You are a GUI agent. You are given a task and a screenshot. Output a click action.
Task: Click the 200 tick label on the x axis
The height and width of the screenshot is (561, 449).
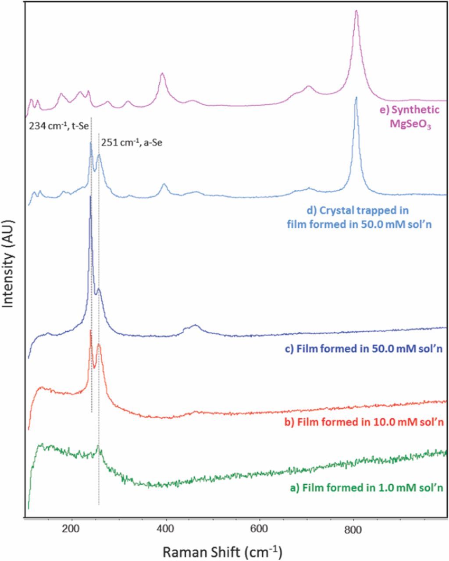pyautogui.click(x=71, y=529)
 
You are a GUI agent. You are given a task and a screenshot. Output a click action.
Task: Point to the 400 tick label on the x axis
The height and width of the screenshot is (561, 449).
pyautogui.click(x=166, y=529)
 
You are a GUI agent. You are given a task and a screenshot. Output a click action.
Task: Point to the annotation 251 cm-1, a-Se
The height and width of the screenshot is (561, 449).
pyautogui.click(x=132, y=142)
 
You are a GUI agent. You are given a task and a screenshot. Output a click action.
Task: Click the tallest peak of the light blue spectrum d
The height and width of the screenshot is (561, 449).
pyautogui.click(x=356, y=98)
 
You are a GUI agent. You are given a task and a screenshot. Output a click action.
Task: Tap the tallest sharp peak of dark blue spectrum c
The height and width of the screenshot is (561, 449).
pyautogui.click(x=90, y=197)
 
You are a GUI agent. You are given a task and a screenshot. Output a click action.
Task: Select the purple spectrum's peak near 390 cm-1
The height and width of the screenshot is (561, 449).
pyautogui.click(x=162, y=74)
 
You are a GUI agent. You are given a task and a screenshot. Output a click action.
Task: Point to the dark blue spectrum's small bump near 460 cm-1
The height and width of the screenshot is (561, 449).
pyautogui.click(x=196, y=325)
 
